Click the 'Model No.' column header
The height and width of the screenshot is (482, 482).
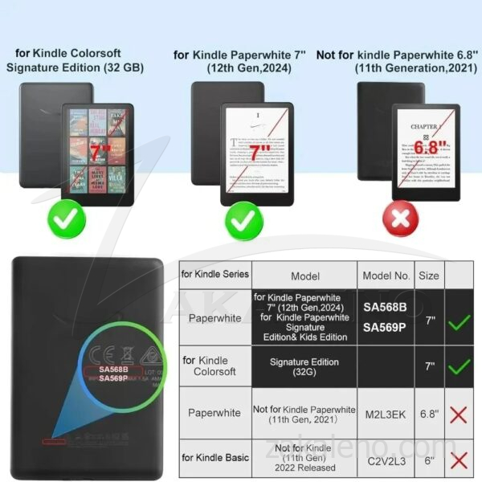(385, 276)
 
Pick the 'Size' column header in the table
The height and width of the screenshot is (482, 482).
(429, 276)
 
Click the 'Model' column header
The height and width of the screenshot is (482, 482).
(304, 276)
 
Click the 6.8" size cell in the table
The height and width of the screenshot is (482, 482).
(429, 413)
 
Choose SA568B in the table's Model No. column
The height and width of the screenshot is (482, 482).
(385, 308)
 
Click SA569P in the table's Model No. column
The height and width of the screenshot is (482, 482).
(385, 328)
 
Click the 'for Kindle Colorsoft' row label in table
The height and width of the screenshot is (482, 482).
(214, 366)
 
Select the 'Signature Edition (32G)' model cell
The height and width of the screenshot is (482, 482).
(304, 366)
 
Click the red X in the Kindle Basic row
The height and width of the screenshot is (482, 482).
(460, 460)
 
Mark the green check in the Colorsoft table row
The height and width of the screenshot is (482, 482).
(460, 367)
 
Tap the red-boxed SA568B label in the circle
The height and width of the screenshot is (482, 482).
(112, 370)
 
